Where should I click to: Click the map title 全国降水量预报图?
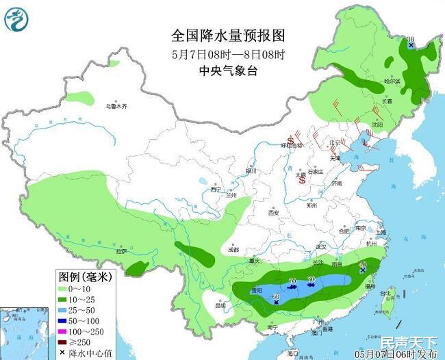pos(227,35)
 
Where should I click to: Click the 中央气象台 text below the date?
pos(227,71)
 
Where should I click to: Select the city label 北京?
pos(335,143)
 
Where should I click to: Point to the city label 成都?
pos(233,249)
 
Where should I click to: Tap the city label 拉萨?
pos(121,251)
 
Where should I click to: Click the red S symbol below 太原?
pos(301,181)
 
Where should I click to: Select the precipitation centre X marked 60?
pos(276,302)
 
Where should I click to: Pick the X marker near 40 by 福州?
pos(362,272)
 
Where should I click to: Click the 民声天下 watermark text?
pos(408,342)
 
